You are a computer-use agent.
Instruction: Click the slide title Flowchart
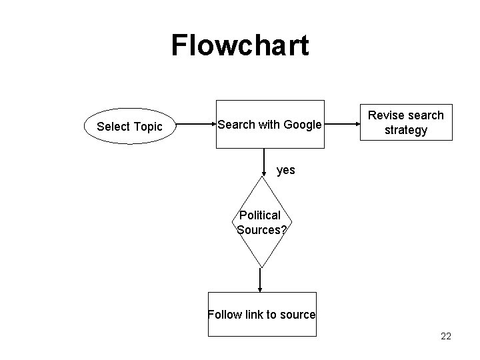[240, 45]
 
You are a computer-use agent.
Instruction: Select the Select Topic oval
[129, 127]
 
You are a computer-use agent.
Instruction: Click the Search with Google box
[269, 124]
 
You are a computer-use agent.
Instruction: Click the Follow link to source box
[261, 314]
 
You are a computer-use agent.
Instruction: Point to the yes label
[285, 170]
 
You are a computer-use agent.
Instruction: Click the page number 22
[445, 336]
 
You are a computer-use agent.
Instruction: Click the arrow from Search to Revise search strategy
[342, 124]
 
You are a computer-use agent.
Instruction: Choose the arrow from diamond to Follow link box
[261, 279]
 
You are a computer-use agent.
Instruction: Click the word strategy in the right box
[405, 130]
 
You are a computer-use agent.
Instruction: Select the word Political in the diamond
[260, 216]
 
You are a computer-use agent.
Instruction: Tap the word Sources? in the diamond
[261, 229]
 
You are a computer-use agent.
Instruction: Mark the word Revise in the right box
[386, 115]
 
